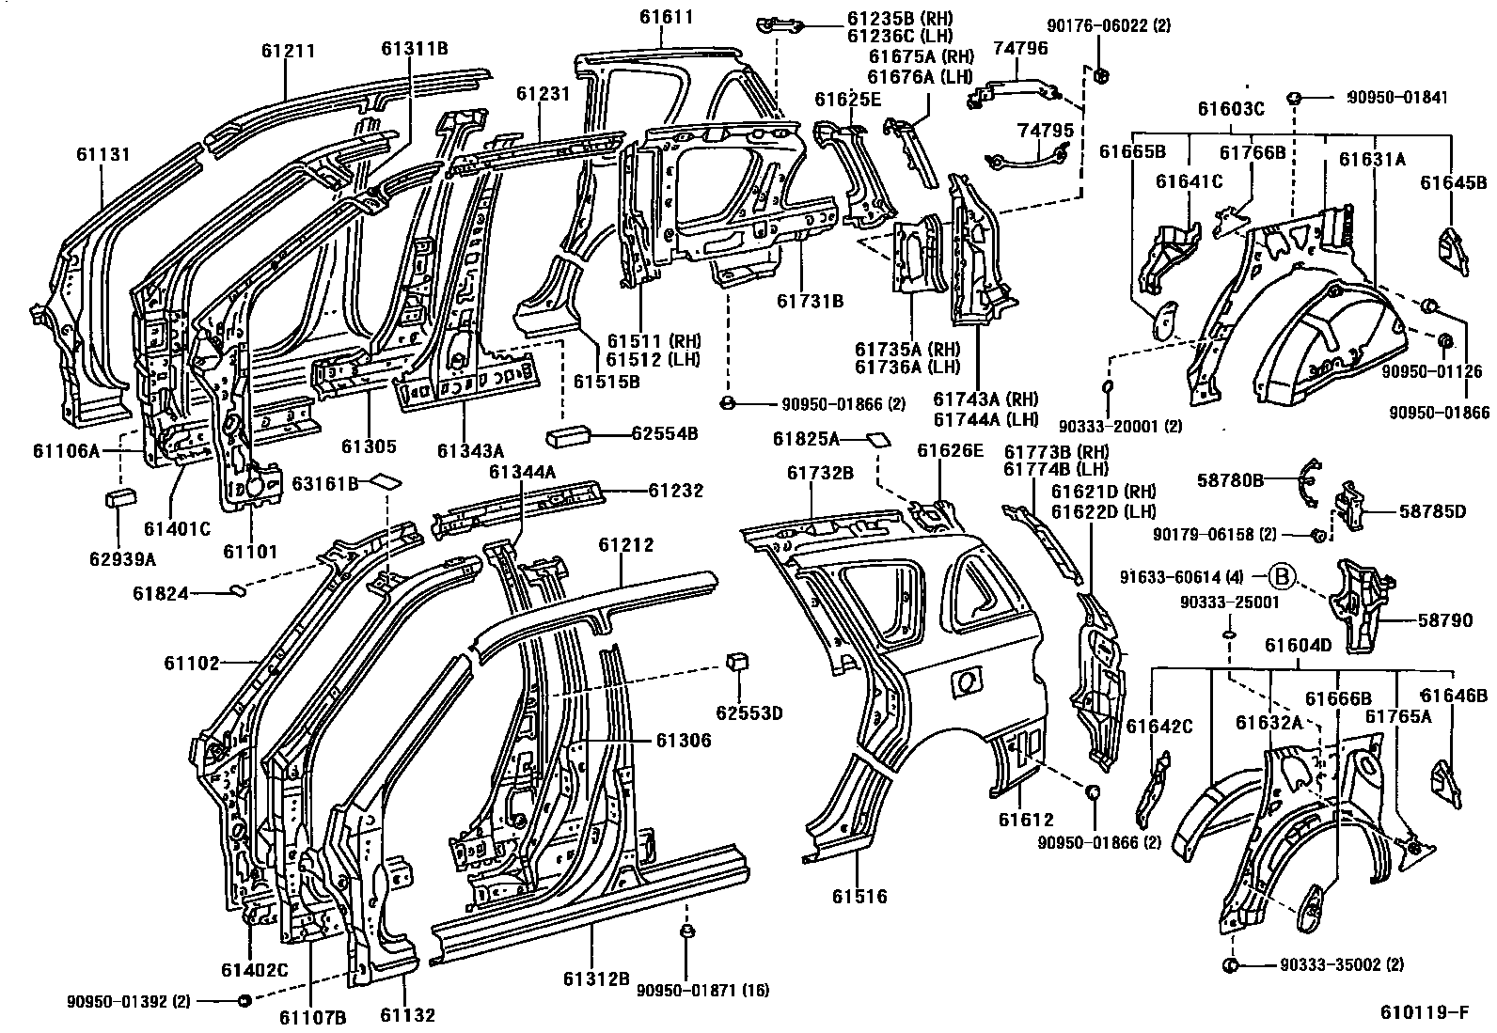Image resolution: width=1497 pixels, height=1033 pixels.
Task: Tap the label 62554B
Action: click(x=665, y=433)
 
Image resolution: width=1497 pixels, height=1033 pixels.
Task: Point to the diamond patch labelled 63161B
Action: click(x=386, y=482)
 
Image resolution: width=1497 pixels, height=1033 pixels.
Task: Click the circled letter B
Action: click(x=1283, y=575)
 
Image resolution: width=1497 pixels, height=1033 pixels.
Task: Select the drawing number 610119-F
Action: click(x=1424, y=1012)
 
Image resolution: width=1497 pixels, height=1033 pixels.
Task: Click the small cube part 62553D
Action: click(x=736, y=662)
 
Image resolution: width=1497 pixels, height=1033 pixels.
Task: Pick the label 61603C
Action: click(x=1229, y=109)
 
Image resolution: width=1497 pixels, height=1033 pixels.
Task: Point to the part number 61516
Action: click(x=859, y=897)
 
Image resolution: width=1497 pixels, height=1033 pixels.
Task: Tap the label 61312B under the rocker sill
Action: click(x=596, y=979)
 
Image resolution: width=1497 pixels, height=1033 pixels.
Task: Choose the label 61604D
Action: click(x=1298, y=646)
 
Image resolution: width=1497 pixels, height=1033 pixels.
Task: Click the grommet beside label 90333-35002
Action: click(x=1230, y=965)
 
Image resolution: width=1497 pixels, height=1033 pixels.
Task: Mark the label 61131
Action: click(x=103, y=155)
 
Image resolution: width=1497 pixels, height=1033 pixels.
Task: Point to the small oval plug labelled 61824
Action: click(x=238, y=590)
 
